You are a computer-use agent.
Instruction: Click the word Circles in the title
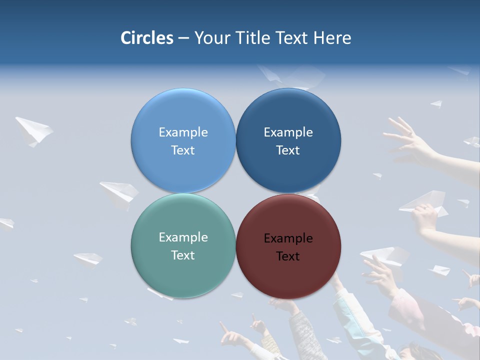click(147, 38)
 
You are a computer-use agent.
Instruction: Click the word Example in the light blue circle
click(183, 132)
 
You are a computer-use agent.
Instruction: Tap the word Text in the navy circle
click(288, 150)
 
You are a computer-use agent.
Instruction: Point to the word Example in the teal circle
click(183, 237)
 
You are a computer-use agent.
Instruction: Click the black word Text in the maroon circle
click(288, 256)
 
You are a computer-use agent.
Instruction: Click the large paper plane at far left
click(33, 130)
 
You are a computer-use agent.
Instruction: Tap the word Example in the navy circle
click(288, 132)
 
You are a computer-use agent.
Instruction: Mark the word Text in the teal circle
click(183, 255)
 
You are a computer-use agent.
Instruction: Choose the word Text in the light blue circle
click(183, 150)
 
